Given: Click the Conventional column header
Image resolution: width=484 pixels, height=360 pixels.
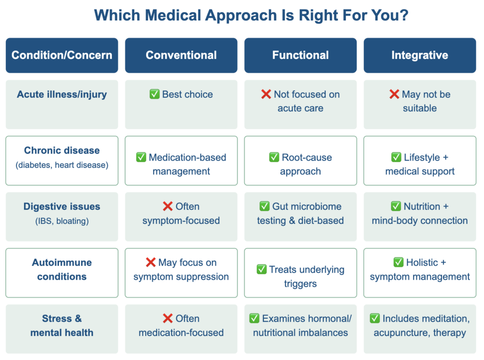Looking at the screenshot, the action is (181, 55).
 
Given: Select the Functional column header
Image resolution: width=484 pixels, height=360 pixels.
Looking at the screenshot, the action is (300, 55).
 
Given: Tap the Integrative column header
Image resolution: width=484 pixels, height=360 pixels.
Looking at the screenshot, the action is (420, 55).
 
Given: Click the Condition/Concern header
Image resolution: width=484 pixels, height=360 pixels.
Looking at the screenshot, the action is (62, 55).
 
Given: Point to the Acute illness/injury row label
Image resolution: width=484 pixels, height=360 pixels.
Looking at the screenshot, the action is (62, 94).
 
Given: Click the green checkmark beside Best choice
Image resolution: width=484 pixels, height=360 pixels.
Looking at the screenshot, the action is (155, 94).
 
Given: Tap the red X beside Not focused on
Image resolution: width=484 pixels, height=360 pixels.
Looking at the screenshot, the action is (266, 94).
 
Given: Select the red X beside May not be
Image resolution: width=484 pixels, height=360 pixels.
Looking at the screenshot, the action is (394, 94).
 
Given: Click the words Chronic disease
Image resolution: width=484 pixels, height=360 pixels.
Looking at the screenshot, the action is (62, 150).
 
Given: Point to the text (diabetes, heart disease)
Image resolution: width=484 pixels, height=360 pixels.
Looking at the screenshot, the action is (62, 165).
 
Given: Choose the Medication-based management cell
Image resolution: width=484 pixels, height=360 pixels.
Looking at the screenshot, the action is (181, 161).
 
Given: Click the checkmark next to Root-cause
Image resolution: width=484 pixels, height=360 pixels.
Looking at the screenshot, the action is (274, 157).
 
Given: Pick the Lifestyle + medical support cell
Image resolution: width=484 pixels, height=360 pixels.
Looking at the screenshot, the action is (420, 161).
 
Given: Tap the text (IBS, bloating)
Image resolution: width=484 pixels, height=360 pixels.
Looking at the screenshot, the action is (62, 221).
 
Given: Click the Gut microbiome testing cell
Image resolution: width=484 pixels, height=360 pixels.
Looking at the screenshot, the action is (300, 216).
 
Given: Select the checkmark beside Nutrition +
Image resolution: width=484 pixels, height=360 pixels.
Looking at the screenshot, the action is (396, 206).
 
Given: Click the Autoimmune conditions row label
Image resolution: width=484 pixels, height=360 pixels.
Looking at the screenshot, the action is (62, 269).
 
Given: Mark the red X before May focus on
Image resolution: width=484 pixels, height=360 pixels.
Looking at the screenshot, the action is (151, 262).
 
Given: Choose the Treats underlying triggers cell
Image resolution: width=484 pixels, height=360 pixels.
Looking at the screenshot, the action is (300, 273).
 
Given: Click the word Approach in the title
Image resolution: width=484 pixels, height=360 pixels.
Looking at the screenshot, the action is (241, 16).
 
